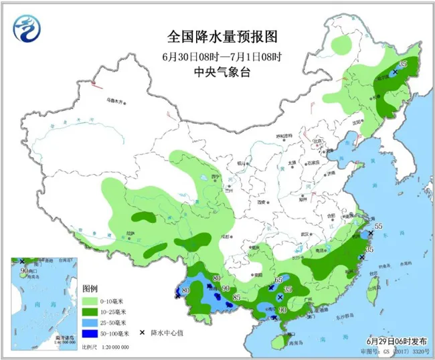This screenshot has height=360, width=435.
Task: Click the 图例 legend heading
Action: tap(90, 288)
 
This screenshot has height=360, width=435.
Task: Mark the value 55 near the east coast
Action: tap(378, 228)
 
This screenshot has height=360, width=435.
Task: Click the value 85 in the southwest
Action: tap(236, 298)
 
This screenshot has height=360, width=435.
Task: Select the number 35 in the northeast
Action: tap(402, 64)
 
